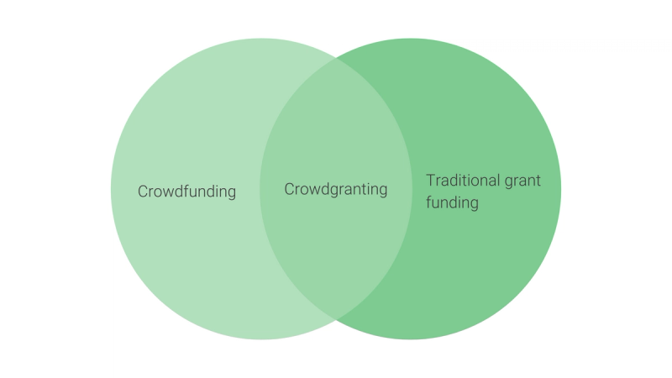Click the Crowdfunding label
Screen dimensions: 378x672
[186, 192]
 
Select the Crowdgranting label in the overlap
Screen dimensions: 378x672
[336, 189]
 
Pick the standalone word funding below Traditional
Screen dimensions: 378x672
[452, 202]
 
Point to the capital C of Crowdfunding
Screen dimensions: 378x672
[143, 192]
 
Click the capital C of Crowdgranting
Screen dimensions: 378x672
[290, 189]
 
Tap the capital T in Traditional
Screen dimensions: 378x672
[430, 181]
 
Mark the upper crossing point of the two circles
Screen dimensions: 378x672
[336, 59]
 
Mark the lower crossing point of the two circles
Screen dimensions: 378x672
[336, 319]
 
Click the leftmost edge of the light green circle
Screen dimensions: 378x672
[111, 189]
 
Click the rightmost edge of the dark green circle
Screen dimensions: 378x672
[561, 189]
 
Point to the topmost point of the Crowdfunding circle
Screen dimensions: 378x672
[261, 39]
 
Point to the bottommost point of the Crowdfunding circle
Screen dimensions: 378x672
[261, 339]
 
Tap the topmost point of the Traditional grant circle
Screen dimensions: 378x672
[411, 39]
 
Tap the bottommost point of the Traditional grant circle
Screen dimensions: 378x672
[411, 339]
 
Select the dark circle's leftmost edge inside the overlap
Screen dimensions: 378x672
[260, 189]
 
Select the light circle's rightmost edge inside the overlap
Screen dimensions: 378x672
[412, 189]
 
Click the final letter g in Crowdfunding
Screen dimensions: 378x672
[231, 193]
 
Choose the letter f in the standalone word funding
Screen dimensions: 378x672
[428, 202]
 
